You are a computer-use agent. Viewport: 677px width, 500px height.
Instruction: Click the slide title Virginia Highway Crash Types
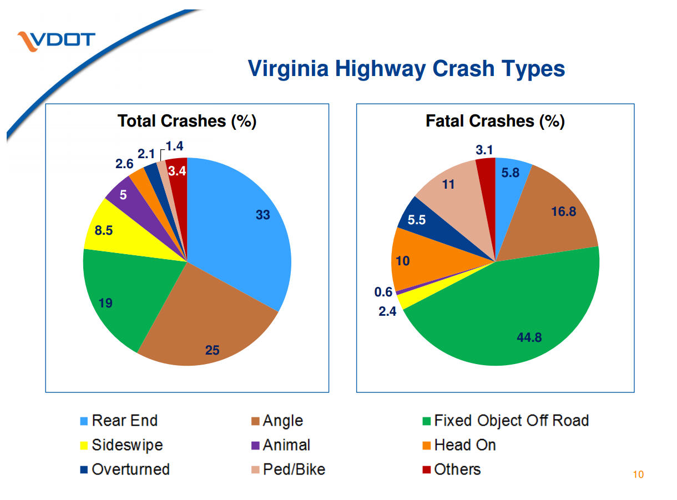406,69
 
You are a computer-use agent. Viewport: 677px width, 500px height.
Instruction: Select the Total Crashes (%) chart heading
186,121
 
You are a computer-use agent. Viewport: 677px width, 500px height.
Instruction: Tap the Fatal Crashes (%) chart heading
494,121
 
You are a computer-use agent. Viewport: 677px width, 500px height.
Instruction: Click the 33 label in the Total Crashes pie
262,215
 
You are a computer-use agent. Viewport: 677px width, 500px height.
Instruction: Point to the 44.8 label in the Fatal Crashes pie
529,337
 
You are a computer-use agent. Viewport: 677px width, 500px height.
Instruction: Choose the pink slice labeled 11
448,184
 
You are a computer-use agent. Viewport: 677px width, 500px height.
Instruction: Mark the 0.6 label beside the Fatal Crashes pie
383,292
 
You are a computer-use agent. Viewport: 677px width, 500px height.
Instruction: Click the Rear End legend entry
124,421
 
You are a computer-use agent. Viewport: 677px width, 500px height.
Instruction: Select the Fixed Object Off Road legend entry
511,421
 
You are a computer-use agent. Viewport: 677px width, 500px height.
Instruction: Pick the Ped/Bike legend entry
294,469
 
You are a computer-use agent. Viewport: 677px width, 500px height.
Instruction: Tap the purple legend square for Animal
256,446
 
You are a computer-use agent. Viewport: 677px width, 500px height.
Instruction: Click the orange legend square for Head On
427,446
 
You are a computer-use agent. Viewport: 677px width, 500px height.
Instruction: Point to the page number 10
638,474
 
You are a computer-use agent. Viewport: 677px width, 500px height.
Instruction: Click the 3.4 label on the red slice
176,171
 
